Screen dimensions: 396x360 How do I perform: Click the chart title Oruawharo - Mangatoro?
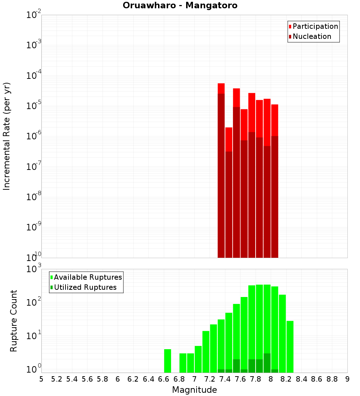[180, 6]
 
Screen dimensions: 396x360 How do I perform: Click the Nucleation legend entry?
[311, 37]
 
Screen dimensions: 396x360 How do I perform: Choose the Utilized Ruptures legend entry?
[85, 287]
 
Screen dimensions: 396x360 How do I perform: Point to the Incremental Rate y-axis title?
[7, 136]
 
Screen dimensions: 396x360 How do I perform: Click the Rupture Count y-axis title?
[14, 320]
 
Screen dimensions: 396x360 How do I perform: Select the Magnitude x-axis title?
[194, 390]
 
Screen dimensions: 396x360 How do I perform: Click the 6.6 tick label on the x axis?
[164, 379]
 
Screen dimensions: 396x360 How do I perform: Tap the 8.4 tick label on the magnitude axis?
[301, 379]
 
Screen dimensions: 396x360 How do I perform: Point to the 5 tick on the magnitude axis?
[41, 379]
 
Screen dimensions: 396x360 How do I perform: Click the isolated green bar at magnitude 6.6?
[167, 361]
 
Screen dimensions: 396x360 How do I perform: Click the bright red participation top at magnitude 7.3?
[221, 88]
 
